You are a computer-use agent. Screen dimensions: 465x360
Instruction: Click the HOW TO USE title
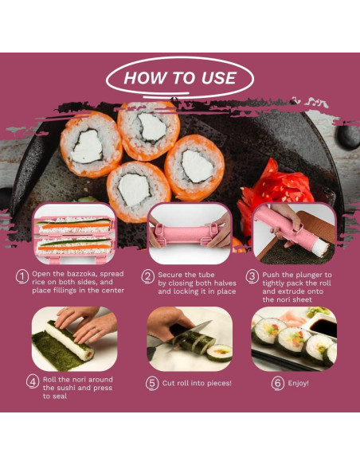click(x=180, y=78)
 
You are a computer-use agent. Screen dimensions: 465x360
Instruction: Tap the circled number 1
click(x=22, y=276)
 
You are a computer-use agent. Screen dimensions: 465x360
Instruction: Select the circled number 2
click(x=148, y=276)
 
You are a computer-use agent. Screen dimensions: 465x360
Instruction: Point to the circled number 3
click(x=252, y=276)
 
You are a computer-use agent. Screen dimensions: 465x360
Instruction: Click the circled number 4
click(x=33, y=381)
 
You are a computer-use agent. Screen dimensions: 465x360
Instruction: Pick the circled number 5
click(x=153, y=382)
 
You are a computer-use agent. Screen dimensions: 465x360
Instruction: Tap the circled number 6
click(x=278, y=382)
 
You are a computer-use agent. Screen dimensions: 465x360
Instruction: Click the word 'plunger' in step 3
click(x=307, y=275)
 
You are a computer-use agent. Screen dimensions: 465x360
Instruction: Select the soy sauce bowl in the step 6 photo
click(x=321, y=326)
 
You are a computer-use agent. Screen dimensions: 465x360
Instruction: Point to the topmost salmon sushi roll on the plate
click(x=148, y=125)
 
